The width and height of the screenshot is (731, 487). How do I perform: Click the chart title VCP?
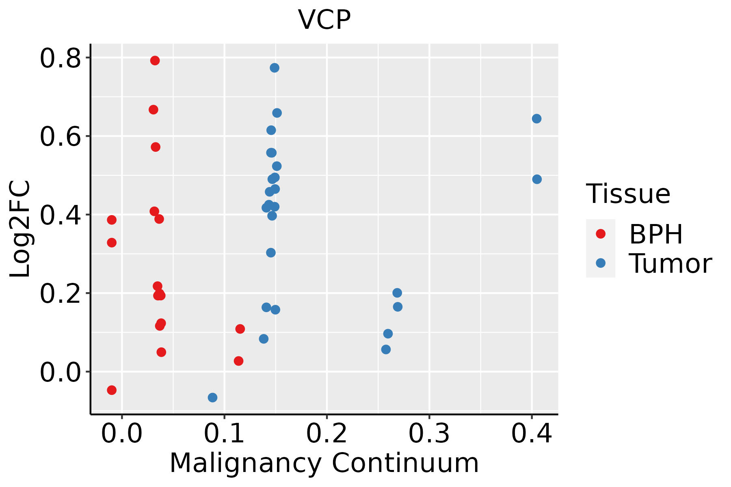tap(324, 19)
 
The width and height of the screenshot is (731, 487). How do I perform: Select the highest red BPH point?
tap(155, 60)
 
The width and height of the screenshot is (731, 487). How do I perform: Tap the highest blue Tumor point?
tap(275, 68)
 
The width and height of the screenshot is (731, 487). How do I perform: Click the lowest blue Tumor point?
tap(212, 397)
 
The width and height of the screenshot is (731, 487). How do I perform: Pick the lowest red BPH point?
tap(112, 390)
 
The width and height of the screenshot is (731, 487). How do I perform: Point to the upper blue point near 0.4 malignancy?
tap(536, 119)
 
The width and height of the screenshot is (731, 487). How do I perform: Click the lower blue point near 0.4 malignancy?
tap(537, 179)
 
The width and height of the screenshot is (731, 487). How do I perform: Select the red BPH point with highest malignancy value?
tap(240, 329)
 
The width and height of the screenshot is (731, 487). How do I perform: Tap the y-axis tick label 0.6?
tap(60, 137)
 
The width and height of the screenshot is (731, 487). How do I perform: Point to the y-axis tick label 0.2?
tap(60, 294)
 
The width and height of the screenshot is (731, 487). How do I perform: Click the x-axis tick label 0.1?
tap(224, 433)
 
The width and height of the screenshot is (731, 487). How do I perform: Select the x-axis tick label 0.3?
tap(429, 433)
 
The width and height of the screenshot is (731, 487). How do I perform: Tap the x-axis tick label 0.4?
tap(531, 433)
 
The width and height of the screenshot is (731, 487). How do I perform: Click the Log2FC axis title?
tap(20, 229)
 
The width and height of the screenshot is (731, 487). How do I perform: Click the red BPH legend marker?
tap(600, 233)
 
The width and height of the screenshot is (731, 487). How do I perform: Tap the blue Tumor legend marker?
tap(600, 263)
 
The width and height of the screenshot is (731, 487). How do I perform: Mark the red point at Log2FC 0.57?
tap(156, 147)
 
